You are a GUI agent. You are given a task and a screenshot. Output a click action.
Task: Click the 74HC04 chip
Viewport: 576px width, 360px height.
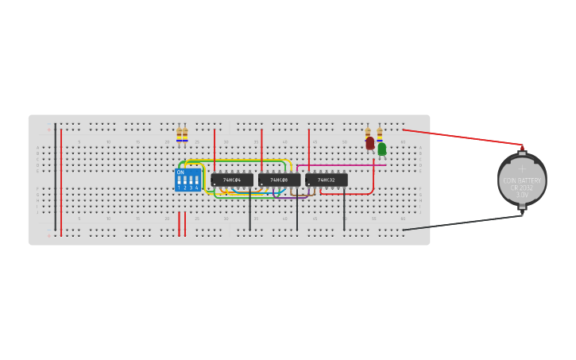(232, 180)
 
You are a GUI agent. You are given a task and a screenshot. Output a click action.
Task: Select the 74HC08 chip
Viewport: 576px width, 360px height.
(279, 180)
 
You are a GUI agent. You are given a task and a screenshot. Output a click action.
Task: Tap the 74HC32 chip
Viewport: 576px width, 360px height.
(327, 180)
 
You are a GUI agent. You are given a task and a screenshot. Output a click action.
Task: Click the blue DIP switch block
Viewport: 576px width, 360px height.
(187, 180)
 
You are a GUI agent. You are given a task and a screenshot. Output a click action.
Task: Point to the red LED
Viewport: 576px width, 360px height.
(370, 143)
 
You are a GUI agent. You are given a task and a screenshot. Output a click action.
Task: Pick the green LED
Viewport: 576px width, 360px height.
(382, 149)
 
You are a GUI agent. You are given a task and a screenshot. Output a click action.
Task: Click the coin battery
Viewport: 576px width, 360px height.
(522, 180)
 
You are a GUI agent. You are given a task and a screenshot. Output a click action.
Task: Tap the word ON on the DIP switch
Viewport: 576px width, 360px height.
(180, 172)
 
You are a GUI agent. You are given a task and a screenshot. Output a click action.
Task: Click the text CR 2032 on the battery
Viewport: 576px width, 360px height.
(522, 188)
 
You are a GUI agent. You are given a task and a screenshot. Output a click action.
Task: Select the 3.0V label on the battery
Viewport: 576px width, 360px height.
(522, 195)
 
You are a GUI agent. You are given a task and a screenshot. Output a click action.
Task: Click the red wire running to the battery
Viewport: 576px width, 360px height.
(461, 137)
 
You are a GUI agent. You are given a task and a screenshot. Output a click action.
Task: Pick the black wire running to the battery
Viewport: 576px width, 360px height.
(461, 223)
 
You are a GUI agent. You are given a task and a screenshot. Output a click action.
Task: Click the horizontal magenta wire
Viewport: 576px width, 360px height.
(342, 165)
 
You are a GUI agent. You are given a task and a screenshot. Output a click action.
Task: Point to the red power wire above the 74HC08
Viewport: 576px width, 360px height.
(261, 151)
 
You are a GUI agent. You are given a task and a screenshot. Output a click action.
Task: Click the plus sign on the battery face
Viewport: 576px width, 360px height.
(522, 168)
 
